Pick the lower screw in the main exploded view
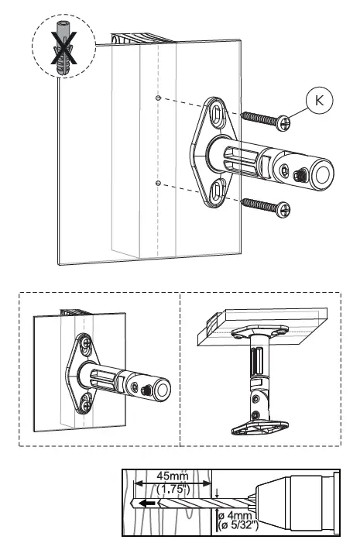(x=266, y=205)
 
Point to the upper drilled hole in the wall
(x=158, y=98)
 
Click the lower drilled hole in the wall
(x=158, y=183)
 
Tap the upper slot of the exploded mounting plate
(x=218, y=114)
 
